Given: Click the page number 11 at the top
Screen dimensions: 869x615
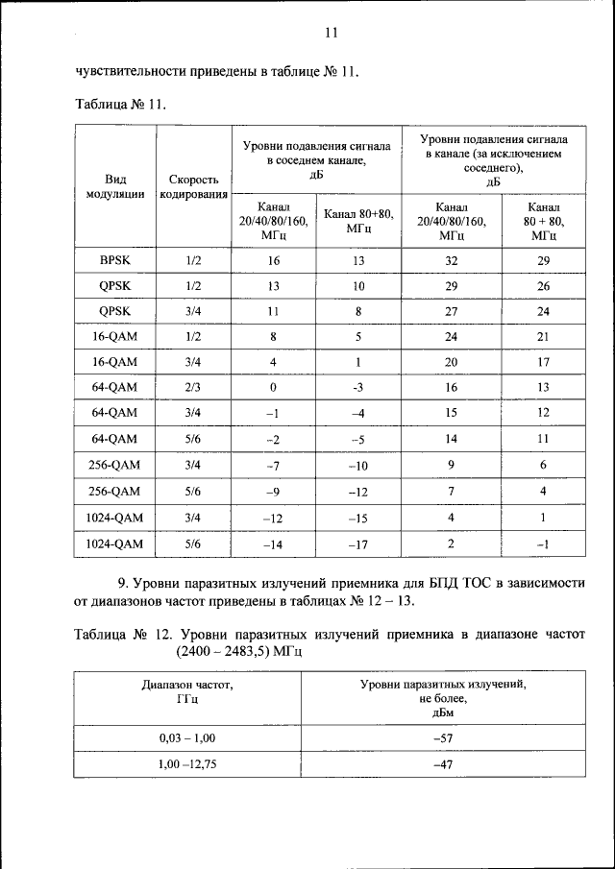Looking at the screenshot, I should pyautogui.click(x=331, y=34).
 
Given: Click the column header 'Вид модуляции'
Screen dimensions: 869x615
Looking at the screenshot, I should pyautogui.click(x=114, y=186).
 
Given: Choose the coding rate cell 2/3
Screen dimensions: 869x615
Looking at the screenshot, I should pyautogui.click(x=192, y=387).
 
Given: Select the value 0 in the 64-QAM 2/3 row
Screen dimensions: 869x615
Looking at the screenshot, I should pyautogui.click(x=273, y=387).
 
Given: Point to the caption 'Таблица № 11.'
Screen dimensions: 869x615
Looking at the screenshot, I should pyautogui.click(x=121, y=105).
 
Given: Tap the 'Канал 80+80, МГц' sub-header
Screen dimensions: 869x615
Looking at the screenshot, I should pyautogui.click(x=358, y=222).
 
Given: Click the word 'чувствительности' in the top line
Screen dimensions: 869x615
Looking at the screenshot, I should pyautogui.click(x=133, y=71).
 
